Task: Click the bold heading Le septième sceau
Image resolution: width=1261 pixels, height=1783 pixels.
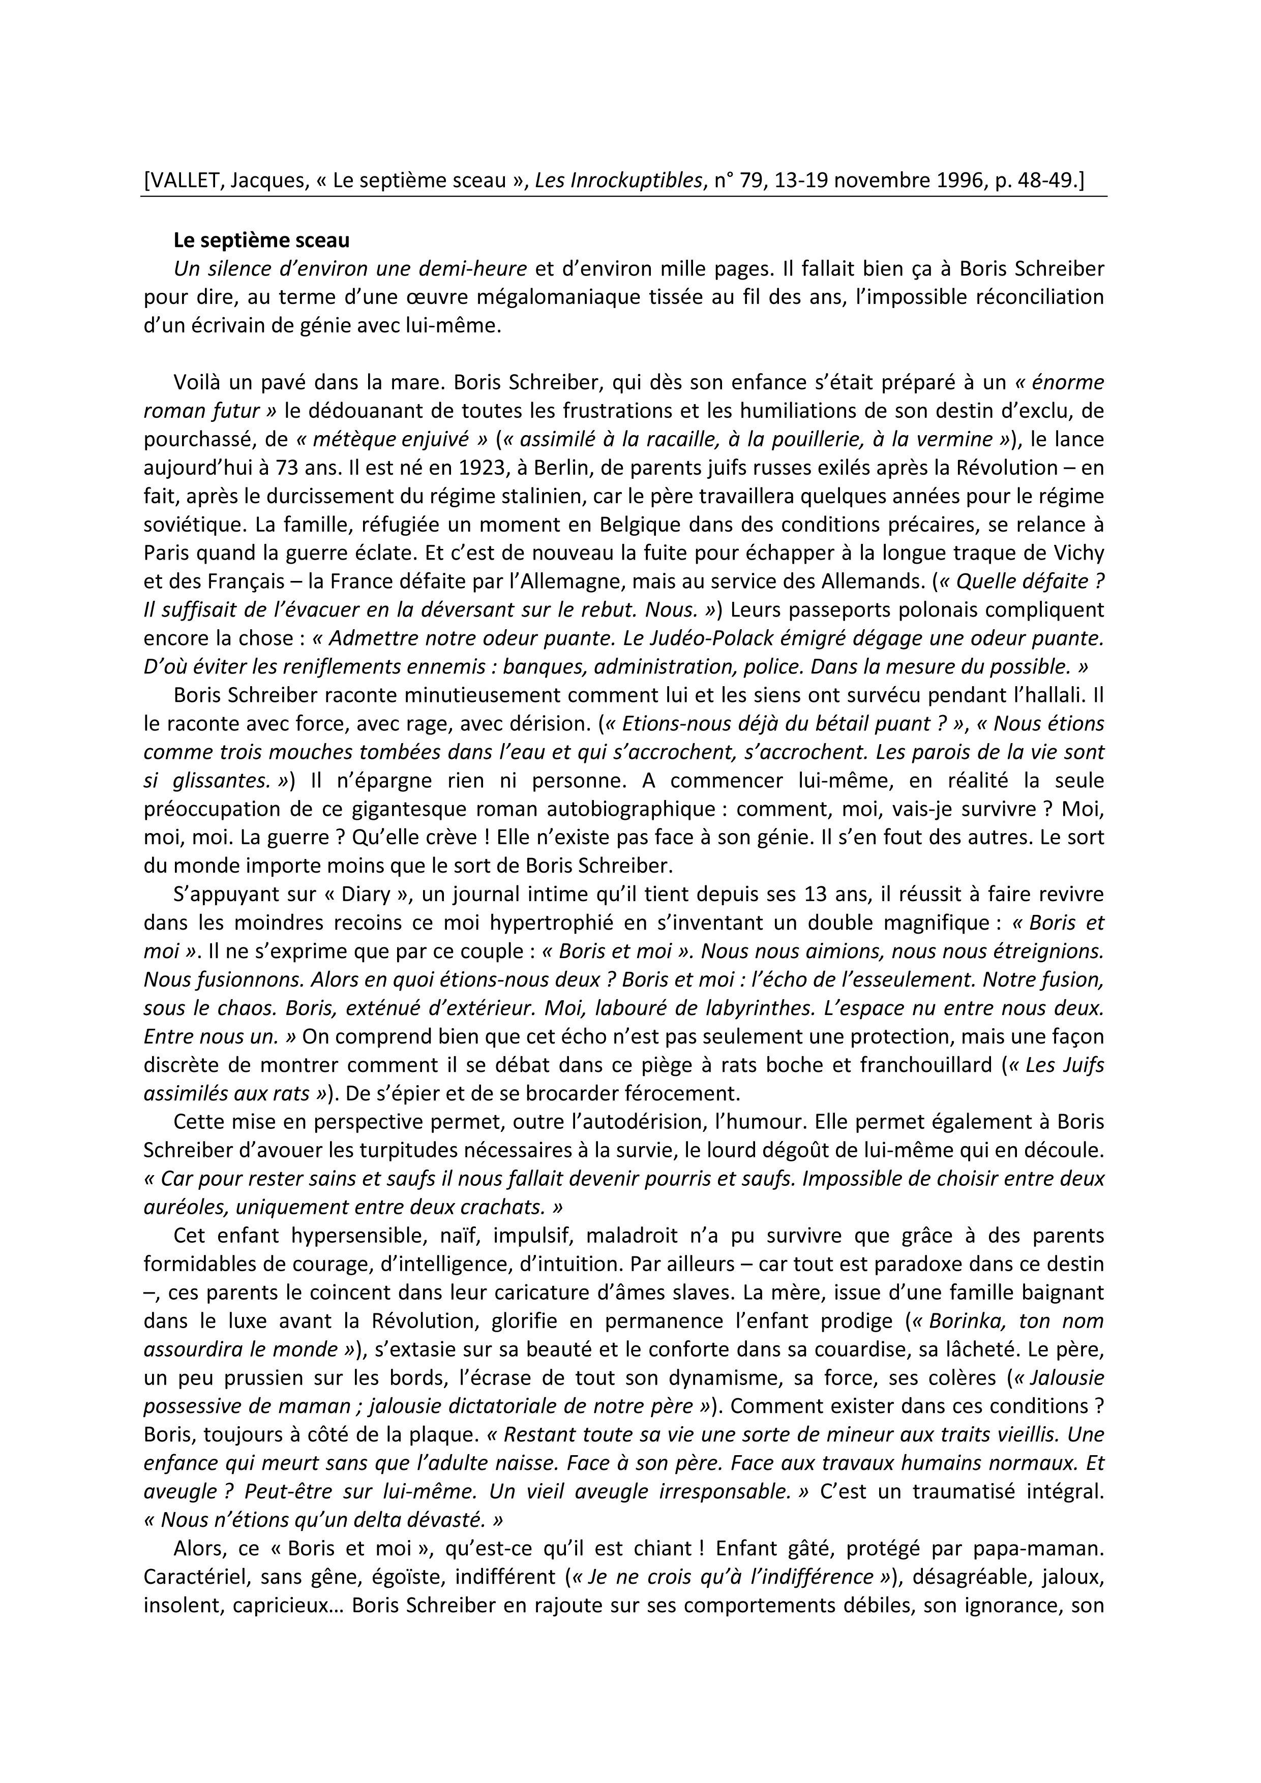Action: (x=262, y=241)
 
